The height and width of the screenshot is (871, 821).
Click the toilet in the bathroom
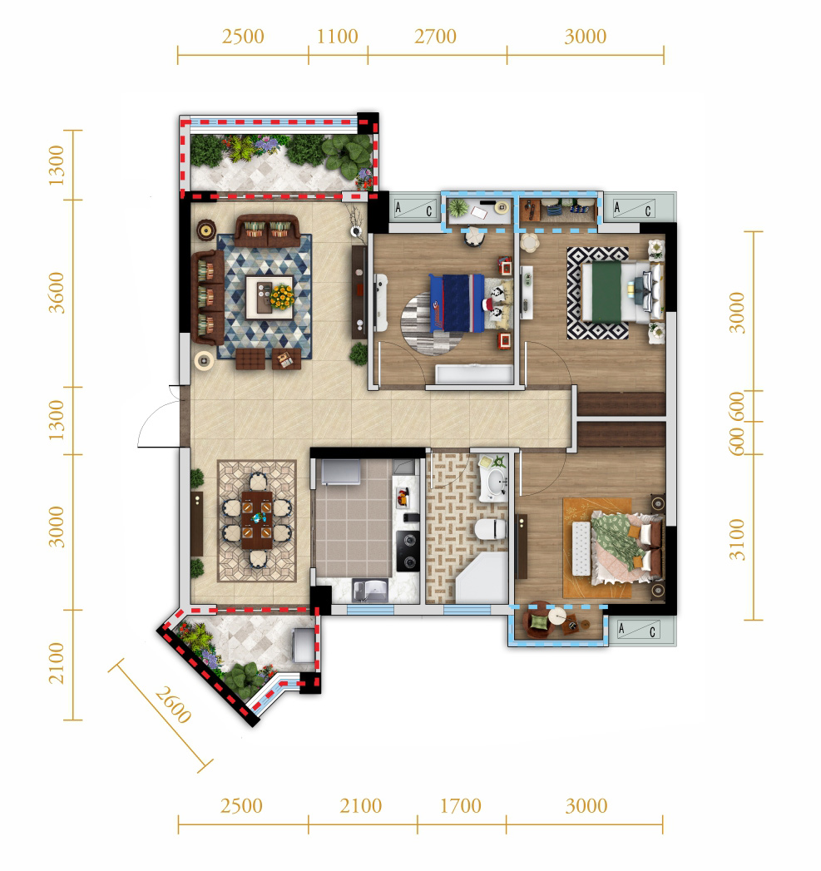click(491, 529)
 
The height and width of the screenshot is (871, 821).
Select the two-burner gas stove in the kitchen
click(408, 551)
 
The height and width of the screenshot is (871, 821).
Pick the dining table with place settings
click(257, 519)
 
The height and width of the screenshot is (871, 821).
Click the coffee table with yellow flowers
click(270, 297)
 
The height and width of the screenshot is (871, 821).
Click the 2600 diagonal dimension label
click(173, 705)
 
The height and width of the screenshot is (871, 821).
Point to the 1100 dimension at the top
click(337, 37)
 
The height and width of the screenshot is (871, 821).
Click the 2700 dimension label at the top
click(435, 37)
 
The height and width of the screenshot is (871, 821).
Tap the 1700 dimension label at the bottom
click(461, 806)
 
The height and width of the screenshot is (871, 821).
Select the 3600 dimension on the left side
click(57, 293)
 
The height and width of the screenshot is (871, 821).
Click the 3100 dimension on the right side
click(736, 539)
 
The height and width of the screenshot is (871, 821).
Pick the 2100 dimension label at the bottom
click(360, 806)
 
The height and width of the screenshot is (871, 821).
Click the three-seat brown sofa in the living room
click(208, 297)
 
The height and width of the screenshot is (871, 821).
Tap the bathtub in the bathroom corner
click(482, 577)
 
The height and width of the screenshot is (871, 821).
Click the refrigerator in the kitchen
click(340, 472)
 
